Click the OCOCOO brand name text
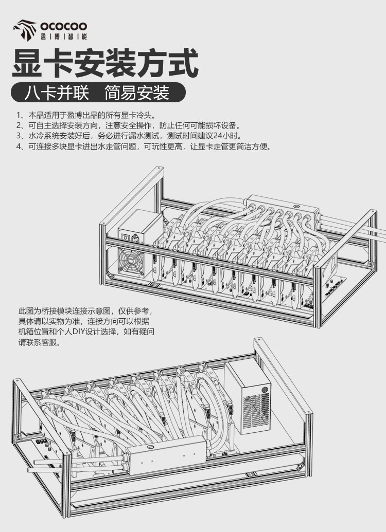point(64,25)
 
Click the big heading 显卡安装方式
point(105,63)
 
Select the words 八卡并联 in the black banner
point(57,93)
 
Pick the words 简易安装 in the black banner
point(136,93)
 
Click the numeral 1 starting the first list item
point(19,115)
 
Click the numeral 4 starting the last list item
point(19,146)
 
